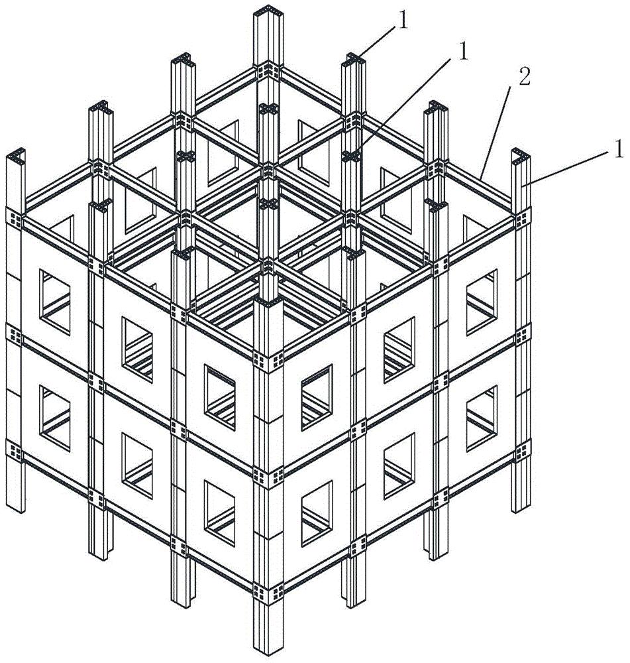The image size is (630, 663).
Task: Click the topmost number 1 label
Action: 403,21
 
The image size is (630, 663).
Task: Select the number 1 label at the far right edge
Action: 619,150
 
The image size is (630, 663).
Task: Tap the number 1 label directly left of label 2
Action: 464,52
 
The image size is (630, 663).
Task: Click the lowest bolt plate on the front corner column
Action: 268,593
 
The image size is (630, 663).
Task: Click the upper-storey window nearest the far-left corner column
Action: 55,302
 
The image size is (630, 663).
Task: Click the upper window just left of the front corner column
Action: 220,397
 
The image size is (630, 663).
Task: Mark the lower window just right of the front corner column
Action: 317,513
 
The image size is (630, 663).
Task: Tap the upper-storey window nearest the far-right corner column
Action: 482,302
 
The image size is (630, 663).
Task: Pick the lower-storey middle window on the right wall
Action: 399,465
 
